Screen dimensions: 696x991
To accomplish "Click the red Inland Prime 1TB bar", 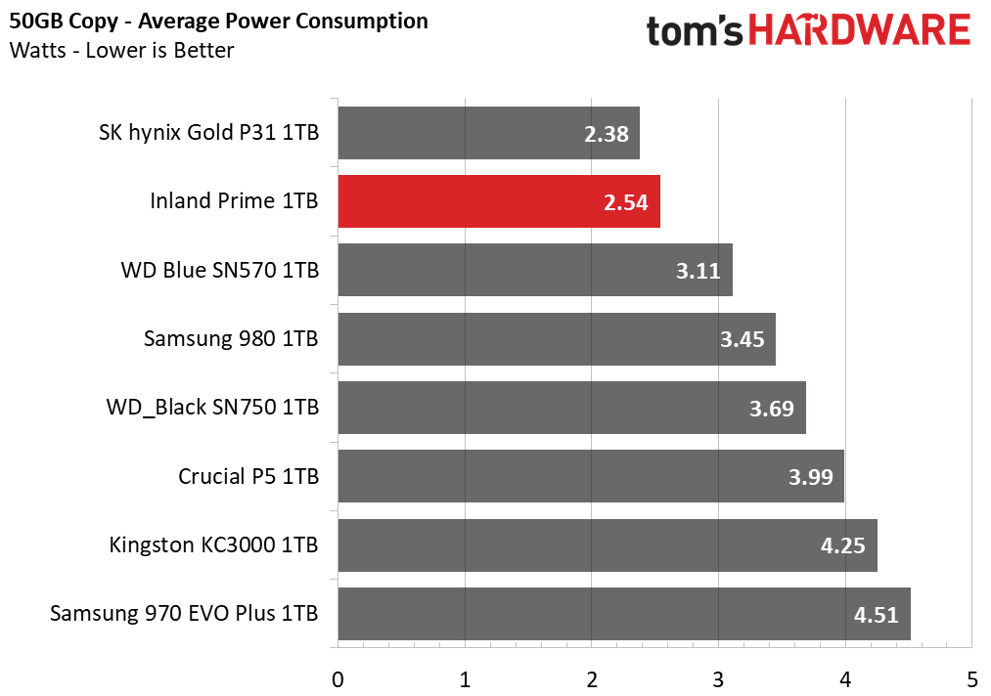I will [498, 201].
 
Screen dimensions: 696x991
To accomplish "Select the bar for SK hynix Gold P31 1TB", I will [488, 133].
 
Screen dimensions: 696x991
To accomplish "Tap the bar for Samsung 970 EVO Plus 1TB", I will [624, 614].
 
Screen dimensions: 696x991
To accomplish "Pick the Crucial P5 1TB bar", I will [591, 476].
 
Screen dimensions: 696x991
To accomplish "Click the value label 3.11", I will [698, 271].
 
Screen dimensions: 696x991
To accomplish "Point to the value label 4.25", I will [842, 545].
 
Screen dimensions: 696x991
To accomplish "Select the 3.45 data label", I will [742, 339].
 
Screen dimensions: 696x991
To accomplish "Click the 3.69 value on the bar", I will [772, 408].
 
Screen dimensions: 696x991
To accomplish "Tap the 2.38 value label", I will [606, 134].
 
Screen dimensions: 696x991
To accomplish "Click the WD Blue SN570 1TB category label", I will [220, 271].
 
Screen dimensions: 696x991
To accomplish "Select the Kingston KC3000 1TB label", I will [214, 545].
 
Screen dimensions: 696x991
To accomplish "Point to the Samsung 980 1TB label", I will [231, 339].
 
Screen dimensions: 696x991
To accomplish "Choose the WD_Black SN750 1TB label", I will [212, 408].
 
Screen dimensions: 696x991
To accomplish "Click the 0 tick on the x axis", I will [338, 677].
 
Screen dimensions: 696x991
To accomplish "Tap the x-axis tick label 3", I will [718, 677].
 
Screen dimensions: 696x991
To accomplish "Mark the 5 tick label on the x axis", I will [970, 677].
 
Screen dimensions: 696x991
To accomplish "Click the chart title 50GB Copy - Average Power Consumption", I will [218, 21].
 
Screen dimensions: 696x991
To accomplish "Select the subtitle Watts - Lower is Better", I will [121, 50].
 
